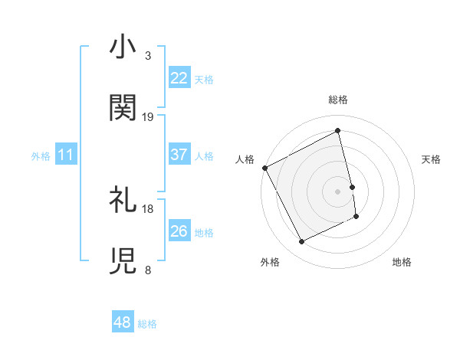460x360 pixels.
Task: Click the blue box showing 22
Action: tap(179, 78)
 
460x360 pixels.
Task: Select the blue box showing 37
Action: tap(179, 155)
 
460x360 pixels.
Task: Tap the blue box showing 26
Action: tap(179, 231)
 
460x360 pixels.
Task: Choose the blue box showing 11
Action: tap(66, 155)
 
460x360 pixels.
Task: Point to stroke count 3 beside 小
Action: tap(148, 56)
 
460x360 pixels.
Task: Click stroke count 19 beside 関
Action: tap(148, 116)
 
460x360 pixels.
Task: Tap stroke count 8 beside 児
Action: tap(148, 270)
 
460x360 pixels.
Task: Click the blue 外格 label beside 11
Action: tap(41, 155)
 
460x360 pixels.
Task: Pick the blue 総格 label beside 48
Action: tap(147, 324)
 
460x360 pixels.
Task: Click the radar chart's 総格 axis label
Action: tap(338, 100)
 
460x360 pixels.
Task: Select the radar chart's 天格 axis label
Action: tap(432, 159)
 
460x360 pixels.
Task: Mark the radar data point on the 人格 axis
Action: tap(264, 168)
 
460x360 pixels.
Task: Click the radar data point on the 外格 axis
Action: tap(301, 242)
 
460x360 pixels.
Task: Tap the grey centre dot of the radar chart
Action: tap(338, 191)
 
